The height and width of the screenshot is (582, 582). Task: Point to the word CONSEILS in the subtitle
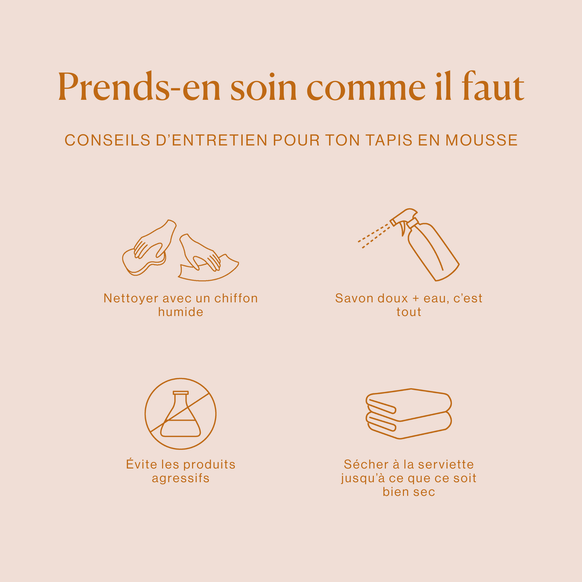pos(108,140)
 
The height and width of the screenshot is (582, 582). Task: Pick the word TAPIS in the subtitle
pos(389,140)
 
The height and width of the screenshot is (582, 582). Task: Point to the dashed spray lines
pos(374,236)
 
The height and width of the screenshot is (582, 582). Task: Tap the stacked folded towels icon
pos(409,414)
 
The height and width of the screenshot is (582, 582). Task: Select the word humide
pos(180,312)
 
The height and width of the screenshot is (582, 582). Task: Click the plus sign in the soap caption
pos(416,299)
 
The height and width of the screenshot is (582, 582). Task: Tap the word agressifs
pos(180,479)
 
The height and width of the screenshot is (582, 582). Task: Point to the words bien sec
pos(409,492)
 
